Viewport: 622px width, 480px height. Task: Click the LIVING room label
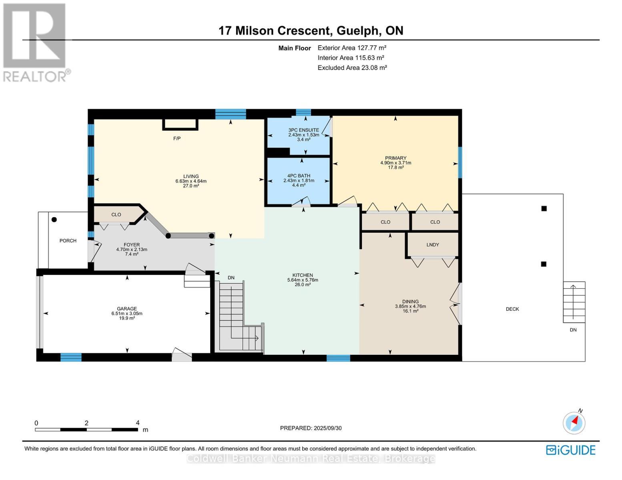click(191, 176)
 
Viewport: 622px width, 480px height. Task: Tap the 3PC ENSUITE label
click(303, 130)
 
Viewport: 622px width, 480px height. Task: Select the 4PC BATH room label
click(299, 176)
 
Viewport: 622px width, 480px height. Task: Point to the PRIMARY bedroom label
click(395, 158)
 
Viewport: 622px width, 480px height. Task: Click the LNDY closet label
click(433, 245)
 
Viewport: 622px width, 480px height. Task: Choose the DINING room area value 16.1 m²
click(410, 311)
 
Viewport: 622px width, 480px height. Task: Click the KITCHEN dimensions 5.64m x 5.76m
click(303, 280)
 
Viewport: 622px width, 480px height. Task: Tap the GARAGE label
click(127, 309)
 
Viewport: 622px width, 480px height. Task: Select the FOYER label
click(132, 245)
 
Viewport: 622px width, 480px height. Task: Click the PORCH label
click(68, 241)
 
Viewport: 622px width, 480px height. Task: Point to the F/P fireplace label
click(177, 139)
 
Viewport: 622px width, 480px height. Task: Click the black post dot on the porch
click(54, 220)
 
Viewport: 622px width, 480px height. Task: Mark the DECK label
click(512, 309)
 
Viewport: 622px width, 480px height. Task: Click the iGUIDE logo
click(571, 450)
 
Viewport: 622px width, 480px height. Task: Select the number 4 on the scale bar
click(138, 423)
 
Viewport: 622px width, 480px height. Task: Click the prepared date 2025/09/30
click(327, 428)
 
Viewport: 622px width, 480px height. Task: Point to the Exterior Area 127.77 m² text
click(352, 48)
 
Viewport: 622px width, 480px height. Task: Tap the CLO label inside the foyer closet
click(116, 215)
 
